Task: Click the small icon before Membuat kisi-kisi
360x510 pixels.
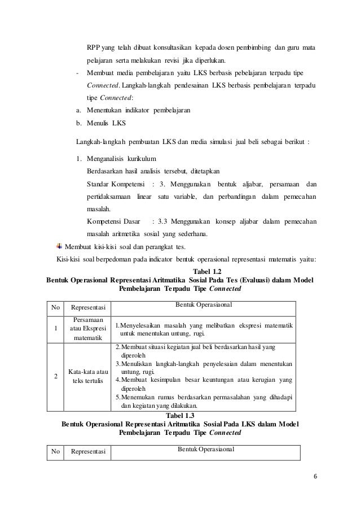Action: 60,247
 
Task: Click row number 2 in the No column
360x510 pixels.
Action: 55,376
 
